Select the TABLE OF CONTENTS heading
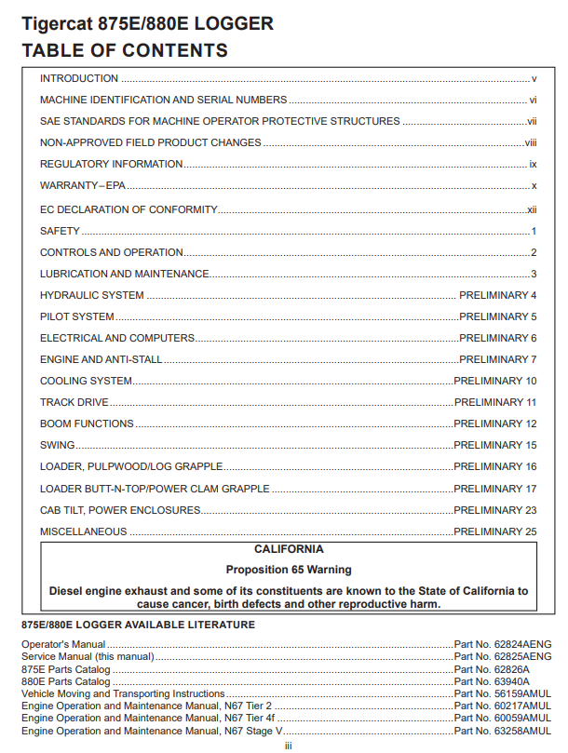(x=125, y=50)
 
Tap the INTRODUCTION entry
(x=79, y=79)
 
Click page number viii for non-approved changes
(x=531, y=143)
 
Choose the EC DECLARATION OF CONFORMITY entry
(x=128, y=209)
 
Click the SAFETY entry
(x=60, y=231)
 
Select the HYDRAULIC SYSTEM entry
(x=92, y=295)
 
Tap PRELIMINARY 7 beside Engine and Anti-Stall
(x=498, y=359)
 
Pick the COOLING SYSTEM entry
(x=86, y=381)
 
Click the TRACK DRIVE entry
(x=74, y=402)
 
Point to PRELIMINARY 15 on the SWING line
(x=495, y=445)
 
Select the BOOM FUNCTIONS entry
(x=87, y=424)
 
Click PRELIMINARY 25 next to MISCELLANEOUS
(x=495, y=531)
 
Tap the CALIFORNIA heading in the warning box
(x=289, y=549)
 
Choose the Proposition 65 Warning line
(x=289, y=569)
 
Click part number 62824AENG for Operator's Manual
(x=503, y=644)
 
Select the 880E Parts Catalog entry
(x=66, y=681)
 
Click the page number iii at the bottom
(x=289, y=745)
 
